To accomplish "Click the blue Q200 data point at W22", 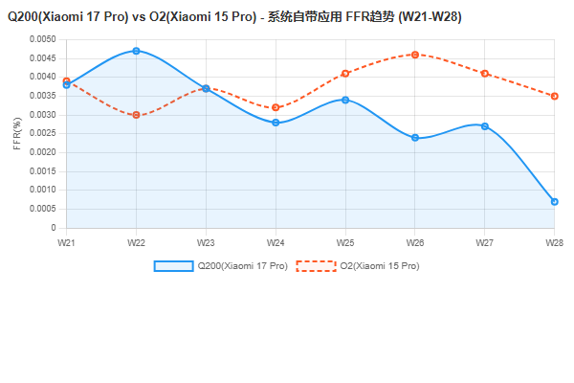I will pos(136,51).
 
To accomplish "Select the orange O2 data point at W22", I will pos(136,115).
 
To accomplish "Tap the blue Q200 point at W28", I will pos(554,202).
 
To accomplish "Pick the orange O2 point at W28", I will pos(554,96).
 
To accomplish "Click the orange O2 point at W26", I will pos(415,55).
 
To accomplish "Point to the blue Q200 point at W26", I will pos(415,138).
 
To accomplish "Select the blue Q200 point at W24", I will pos(276,123).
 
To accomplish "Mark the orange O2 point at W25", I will pos(345,74).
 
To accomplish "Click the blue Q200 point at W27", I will pos(485,126).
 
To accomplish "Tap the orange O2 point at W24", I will pos(276,107).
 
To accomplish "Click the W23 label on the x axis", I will pos(206,243).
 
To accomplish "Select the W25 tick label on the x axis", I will pos(345,243).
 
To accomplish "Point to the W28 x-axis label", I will pos(554,243).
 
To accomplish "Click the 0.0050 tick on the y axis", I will pos(43,39).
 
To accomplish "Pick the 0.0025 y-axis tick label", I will pos(43,134).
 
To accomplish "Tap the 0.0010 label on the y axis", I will pos(43,191).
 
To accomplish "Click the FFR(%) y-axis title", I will pos(17,134).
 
